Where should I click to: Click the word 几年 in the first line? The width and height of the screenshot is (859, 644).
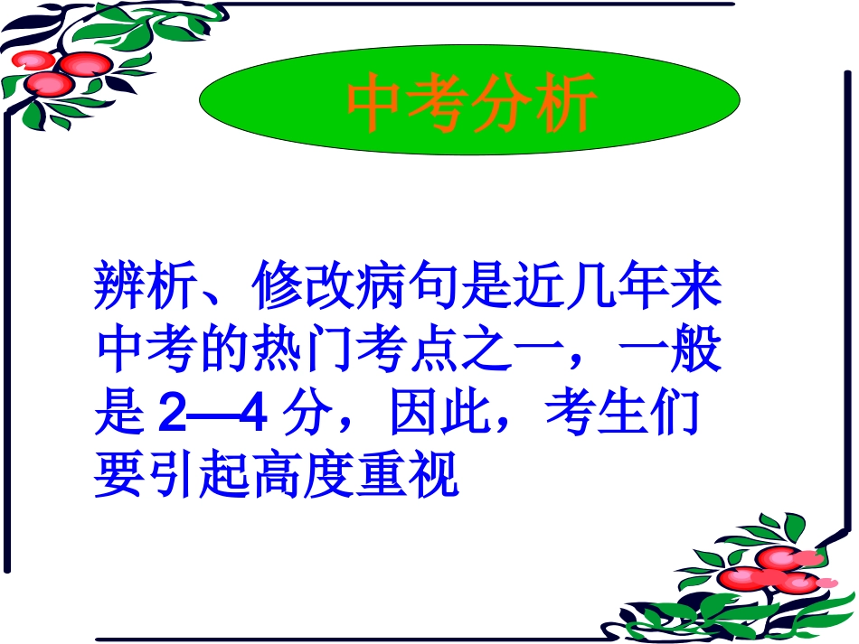pyautogui.click(x=620, y=286)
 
